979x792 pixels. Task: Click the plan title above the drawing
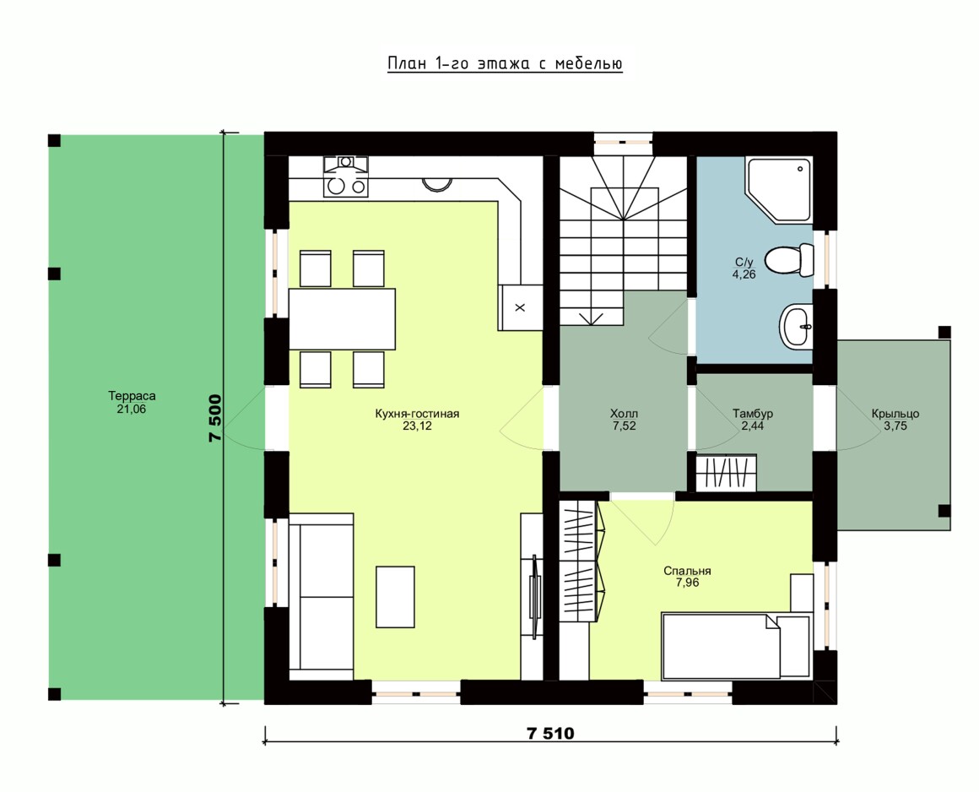505,63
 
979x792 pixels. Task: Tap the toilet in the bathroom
790,260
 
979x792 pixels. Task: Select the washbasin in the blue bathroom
795,325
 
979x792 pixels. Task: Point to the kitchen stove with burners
345,176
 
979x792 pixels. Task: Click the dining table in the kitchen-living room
342,318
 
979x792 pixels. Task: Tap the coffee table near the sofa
395,596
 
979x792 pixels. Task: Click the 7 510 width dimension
550,733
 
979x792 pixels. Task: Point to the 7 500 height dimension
214,418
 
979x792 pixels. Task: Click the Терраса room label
132,396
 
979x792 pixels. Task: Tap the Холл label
625,414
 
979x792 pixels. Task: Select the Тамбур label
753,414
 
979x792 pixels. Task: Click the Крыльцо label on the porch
895,414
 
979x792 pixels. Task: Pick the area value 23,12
417,426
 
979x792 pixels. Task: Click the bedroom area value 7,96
688,583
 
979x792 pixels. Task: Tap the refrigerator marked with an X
520,307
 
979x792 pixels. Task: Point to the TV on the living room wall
534,596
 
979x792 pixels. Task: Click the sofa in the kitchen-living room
322,596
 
